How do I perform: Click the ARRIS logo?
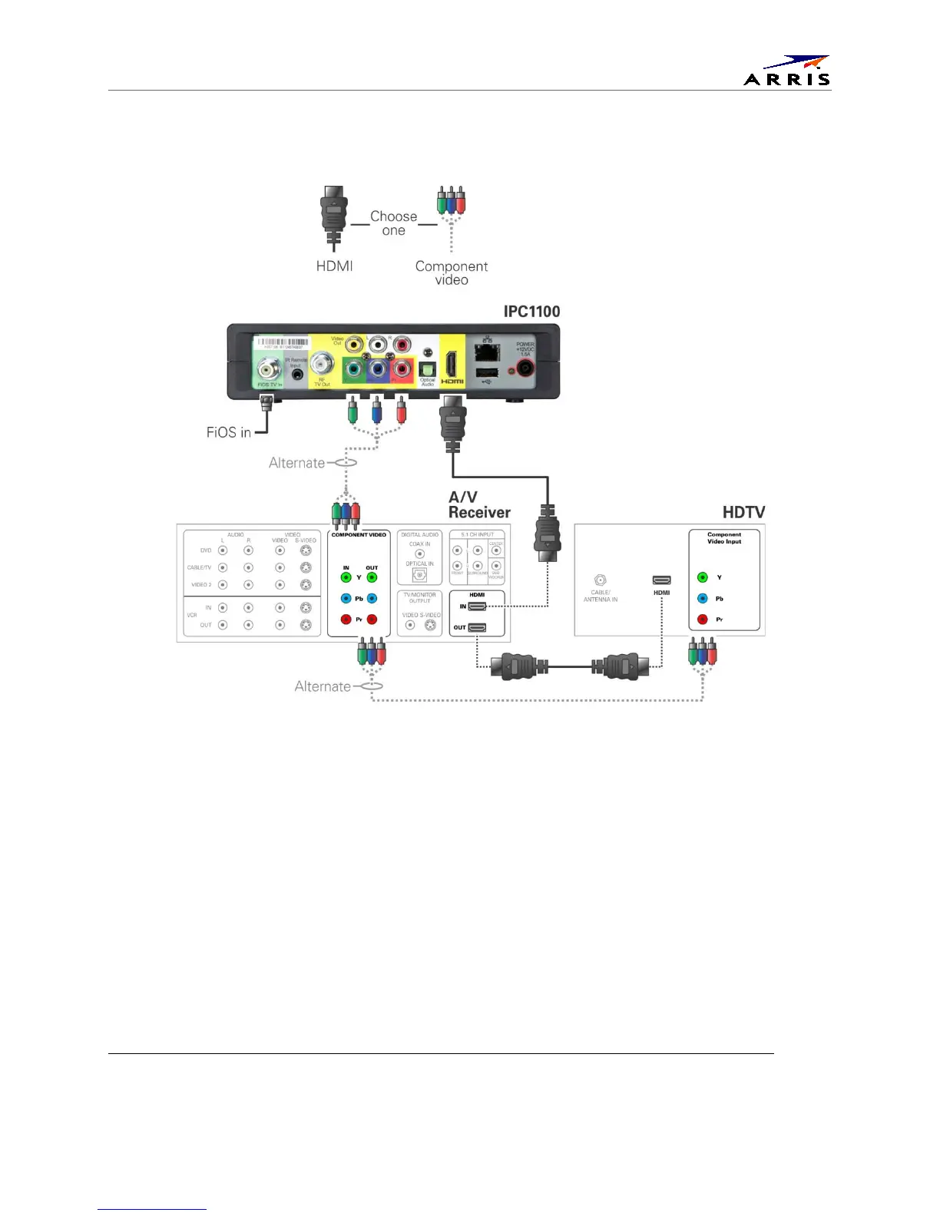click(x=787, y=71)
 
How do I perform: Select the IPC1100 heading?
click(x=531, y=311)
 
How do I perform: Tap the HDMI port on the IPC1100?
click(x=452, y=365)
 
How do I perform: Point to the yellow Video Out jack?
click(x=354, y=345)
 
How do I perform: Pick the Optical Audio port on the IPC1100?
click(x=428, y=368)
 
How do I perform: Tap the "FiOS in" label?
click(x=228, y=432)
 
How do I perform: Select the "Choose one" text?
click(x=393, y=223)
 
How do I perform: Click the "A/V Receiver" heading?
click(x=479, y=504)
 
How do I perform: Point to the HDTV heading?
click(x=743, y=512)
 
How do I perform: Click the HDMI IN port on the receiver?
click(x=477, y=606)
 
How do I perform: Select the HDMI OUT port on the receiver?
click(x=477, y=627)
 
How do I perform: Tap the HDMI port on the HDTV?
click(x=661, y=580)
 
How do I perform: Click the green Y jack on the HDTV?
click(x=702, y=577)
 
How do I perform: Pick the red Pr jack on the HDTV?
click(x=702, y=620)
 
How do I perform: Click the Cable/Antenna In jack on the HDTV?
click(x=601, y=580)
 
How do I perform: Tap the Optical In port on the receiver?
click(x=419, y=575)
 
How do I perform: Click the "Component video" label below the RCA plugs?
click(x=452, y=273)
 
